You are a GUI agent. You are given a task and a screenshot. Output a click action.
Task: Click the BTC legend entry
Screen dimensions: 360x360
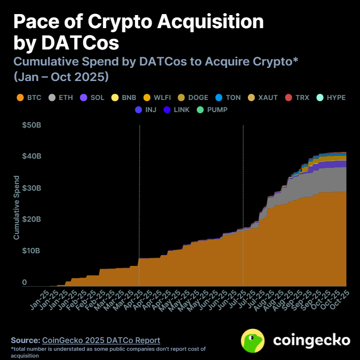tap(30, 98)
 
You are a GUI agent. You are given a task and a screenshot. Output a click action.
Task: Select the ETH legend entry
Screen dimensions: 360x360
tap(61, 98)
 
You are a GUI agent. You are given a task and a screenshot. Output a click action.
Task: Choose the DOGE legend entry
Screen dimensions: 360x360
tap(193, 98)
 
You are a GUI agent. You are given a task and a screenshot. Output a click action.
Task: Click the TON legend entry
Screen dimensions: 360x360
tap(228, 98)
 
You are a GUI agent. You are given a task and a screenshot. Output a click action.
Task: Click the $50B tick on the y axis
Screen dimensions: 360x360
tap(32, 126)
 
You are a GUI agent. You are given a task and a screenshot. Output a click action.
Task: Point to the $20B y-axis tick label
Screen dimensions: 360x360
tap(32, 219)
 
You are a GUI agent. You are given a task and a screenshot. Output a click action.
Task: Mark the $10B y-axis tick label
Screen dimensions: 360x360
tap(32, 251)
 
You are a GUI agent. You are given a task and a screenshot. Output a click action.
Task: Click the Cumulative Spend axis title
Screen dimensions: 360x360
tap(16, 207)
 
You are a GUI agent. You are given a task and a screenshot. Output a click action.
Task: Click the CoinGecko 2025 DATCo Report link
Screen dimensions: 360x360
tap(101, 340)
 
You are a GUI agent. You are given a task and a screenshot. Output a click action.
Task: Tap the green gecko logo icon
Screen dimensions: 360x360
tap(253, 340)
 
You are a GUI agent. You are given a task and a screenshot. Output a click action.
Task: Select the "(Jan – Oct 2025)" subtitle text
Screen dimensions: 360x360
tap(61, 77)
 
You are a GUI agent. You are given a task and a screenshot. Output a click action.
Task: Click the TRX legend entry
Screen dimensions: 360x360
tap(297, 98)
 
